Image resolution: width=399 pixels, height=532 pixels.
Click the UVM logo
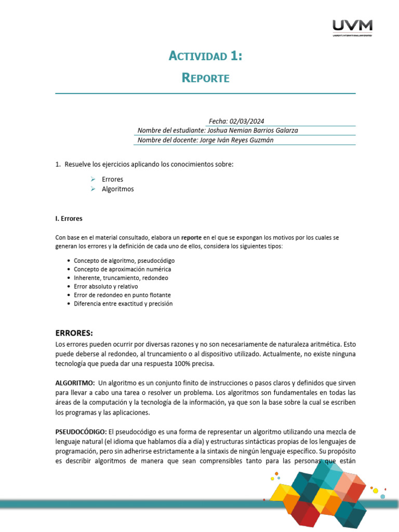tap(352, 27)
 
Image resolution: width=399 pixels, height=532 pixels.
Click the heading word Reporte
tap(206, 78)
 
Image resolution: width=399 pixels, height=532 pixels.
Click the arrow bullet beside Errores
tap(92, 179)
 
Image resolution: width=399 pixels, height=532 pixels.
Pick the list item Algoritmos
tap(117, 189)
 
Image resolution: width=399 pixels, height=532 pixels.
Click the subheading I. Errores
tap(69, 219)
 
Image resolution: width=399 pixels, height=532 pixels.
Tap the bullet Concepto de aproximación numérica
tap(122, 269)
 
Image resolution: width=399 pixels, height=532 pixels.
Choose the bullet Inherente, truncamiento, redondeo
tap(121, 278)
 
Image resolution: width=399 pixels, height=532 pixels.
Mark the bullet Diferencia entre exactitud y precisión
tap(123, 303)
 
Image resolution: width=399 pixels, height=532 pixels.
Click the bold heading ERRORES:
tap(74, 333)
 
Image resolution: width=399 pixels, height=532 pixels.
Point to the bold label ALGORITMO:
tap(75, 383)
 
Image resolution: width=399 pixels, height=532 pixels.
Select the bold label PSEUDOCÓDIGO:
tap(81, 432)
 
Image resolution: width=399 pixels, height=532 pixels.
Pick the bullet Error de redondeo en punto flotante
tap(122, 295)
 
